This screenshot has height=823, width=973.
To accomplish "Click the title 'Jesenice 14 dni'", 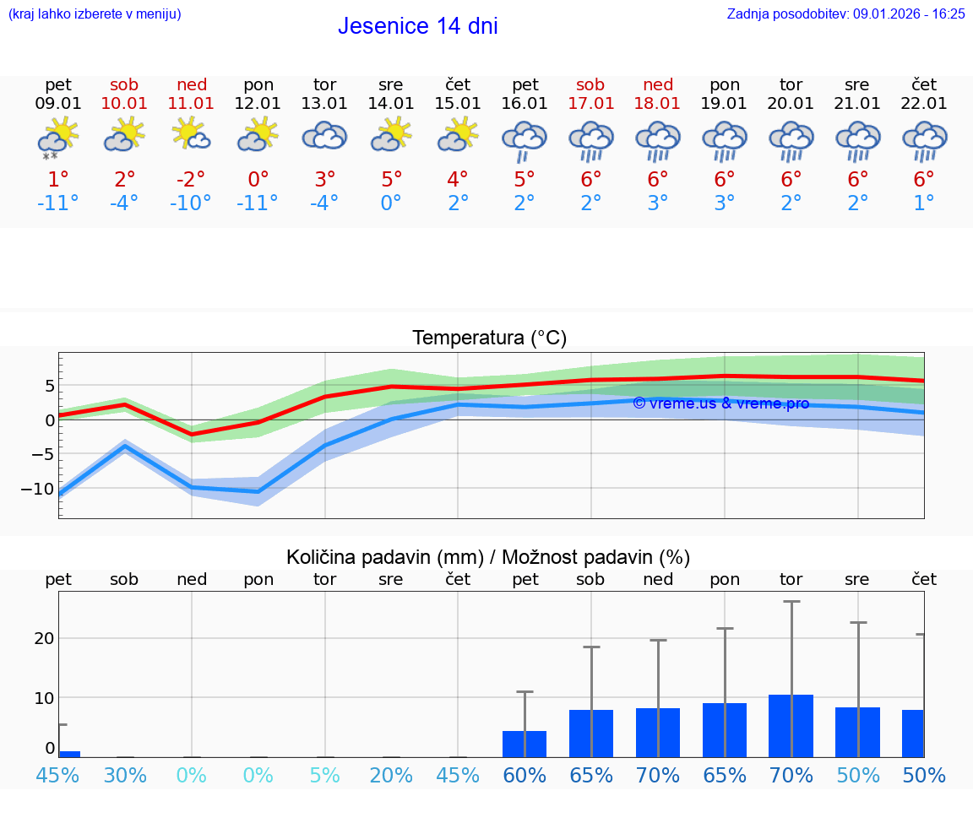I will point(417,26).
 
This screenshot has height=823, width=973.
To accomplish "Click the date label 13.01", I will point(324,103).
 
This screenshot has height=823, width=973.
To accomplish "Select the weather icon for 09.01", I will point(57,138).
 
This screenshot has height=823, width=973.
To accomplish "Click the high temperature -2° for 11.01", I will point(191,179).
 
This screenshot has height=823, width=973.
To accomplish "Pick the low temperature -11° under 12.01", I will point(258,203).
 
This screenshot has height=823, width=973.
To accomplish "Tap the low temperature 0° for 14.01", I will point(391,203).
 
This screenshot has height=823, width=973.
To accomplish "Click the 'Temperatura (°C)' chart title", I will point(489,338).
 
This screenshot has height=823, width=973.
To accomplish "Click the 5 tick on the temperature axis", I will point(49,386).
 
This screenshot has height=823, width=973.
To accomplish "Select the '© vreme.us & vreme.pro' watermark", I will point(720,403).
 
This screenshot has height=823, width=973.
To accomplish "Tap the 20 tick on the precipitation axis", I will point(44,638).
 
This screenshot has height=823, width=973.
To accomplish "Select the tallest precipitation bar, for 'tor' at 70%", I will point(791,726).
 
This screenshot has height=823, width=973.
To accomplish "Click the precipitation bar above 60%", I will point(525,744).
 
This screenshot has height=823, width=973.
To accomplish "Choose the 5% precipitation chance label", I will point(324,775).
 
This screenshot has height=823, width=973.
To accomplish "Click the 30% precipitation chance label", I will point(125,775).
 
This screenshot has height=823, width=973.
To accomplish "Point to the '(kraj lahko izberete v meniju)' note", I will point(95,14).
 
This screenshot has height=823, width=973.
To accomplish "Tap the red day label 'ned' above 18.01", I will point(658,84).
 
